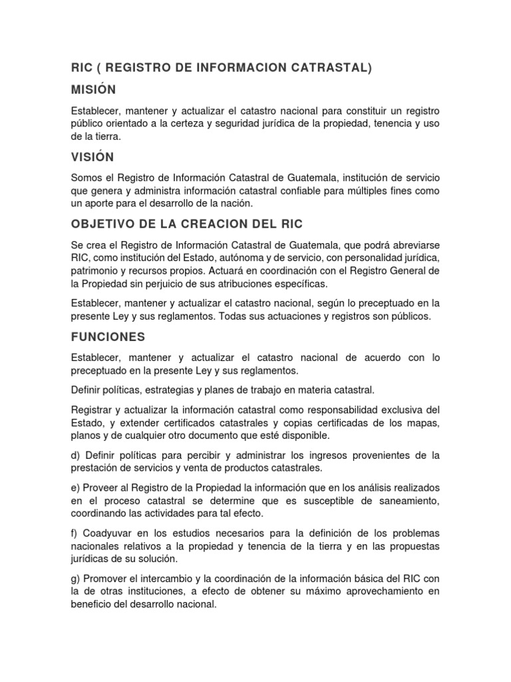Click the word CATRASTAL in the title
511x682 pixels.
coord(329,67)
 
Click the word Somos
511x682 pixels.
coord(86,178)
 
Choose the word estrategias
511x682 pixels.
coord(165,389)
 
